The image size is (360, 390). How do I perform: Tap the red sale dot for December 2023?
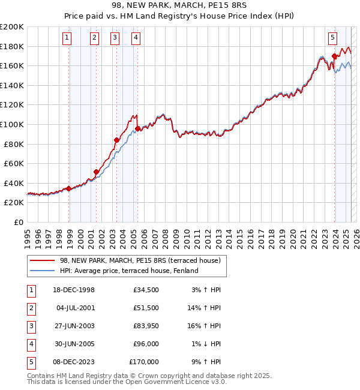coord(334,56)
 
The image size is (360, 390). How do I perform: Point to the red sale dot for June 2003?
coord(116,140)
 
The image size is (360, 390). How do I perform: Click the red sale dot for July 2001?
coord(95,172)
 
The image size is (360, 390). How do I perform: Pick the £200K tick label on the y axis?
coord(12,27)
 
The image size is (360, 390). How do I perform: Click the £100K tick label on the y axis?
coord(12,124)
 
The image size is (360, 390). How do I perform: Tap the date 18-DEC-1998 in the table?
coord(74,290)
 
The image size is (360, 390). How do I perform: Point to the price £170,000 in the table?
coord(144,362)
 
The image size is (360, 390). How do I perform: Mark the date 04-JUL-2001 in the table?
coord(74,308)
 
